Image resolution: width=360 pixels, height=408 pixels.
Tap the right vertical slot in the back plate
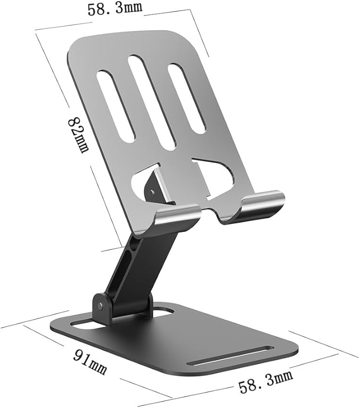(187, 98)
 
